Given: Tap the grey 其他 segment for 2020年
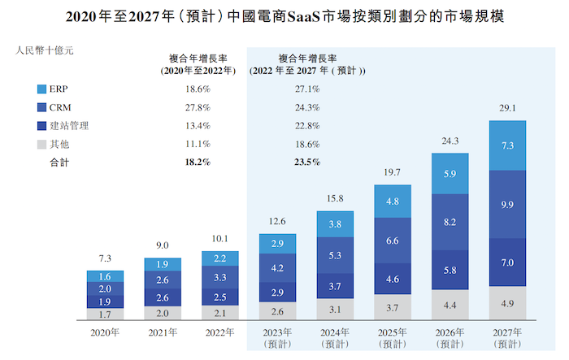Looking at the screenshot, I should click(x=106, y=314).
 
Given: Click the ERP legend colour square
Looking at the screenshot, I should click(x=43, y=89).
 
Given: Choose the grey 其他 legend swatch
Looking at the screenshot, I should click(x=43, y=144).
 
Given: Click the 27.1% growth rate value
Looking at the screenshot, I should click(x=307, y=89).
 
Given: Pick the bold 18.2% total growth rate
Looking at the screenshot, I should click(x=198, y=162).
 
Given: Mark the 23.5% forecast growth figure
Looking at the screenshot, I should click(x=307, y=162).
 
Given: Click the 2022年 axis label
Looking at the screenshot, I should click(x=220, y=332).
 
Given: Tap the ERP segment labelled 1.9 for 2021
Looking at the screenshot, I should click(x=163, y=264).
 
